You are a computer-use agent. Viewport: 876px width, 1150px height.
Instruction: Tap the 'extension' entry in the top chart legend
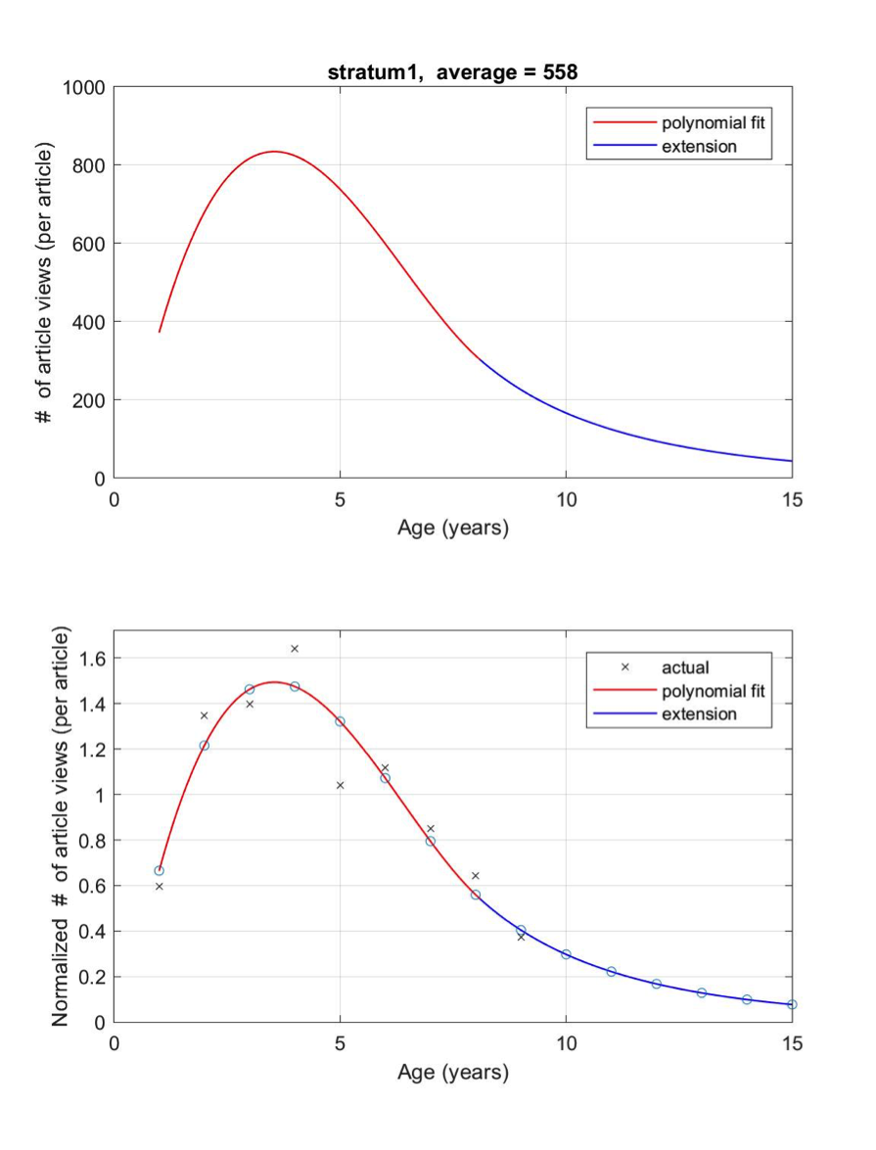click(x=699, y=147)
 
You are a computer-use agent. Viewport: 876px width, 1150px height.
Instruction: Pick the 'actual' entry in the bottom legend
click(x=684, y=667)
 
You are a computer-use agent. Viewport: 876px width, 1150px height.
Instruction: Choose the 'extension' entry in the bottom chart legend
click(x=699, y=713)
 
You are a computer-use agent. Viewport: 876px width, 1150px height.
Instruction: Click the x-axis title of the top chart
click(x=453, y=529)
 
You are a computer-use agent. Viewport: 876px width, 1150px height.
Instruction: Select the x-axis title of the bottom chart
click(x=453, y=1073)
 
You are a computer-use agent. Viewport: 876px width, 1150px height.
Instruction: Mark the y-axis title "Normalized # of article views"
click(x=60, y=827)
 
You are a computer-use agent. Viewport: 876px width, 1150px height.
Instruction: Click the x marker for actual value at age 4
click(x=295, y=649)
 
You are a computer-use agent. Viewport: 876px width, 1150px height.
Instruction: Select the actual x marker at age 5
click(x=340, y=785)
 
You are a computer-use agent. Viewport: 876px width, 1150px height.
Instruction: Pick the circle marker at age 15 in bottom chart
click(x=792, y=1004)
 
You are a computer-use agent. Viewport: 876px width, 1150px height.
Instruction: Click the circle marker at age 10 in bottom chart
click(x=566, y=954)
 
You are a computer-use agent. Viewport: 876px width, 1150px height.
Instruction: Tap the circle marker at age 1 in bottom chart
click(x=160, y=870)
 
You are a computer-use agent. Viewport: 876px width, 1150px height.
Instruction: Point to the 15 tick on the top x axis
click(x=792, y=500)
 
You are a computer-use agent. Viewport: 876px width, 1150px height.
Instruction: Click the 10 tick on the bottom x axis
click(x=566, y=1043)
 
